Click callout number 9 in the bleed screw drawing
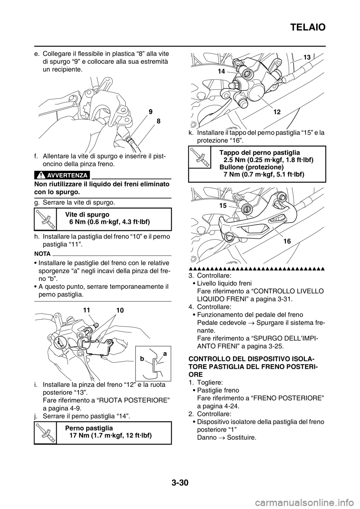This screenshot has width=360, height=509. click(150, 112)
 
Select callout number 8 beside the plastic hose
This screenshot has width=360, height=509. click(158, 121)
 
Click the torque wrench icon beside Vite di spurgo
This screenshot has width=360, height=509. click(45, 219)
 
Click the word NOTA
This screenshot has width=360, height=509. click(42, 253)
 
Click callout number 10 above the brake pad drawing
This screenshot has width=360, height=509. click(120, 310)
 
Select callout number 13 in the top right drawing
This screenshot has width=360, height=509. click(307, 57)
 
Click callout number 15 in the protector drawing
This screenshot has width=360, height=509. click(223, 206)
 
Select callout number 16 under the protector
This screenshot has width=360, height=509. click(287, 241)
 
